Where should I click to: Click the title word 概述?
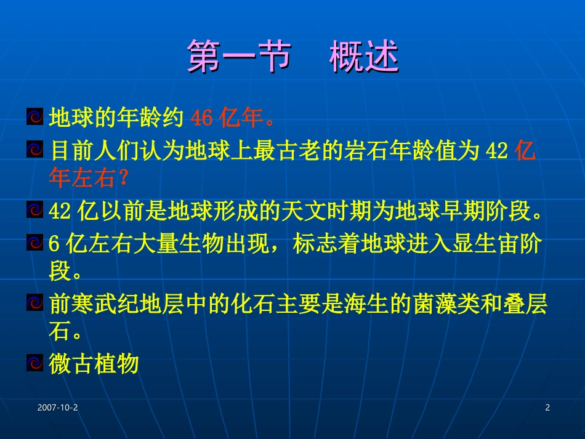point(364,57)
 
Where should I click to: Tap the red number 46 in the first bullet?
point(202,116)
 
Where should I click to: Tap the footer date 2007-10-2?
point(57,408)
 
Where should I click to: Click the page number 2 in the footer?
point(547,408)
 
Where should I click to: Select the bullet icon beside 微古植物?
point(34,363)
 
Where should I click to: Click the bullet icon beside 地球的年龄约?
point(34,116)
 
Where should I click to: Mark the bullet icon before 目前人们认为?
point(34,150)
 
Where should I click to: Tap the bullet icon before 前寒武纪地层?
point(34,303)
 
